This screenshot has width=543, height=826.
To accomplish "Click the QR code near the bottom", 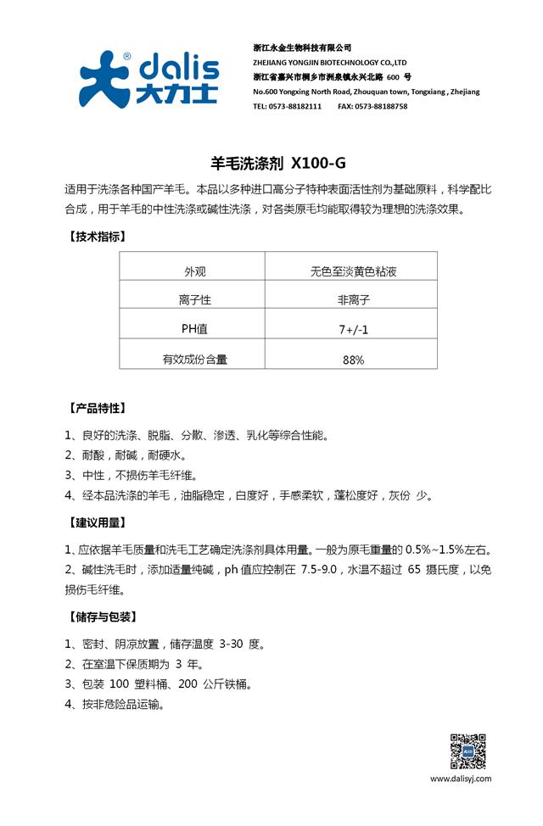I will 467,749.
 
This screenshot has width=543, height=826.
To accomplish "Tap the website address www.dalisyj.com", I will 461,779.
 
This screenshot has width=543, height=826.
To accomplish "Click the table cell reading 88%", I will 353,360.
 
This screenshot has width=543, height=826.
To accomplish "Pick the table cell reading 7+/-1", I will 353,329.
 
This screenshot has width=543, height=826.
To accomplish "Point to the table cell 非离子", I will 353,299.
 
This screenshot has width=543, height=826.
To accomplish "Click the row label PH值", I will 194,329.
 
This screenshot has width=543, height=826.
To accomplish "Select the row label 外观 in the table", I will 194,271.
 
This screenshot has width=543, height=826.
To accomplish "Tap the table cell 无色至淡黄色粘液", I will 353,271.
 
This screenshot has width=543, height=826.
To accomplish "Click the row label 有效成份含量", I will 194,360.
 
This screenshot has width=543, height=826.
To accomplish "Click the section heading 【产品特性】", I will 96,408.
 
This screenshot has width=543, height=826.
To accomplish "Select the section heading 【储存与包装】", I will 102,616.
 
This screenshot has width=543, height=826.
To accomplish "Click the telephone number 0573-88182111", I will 294,106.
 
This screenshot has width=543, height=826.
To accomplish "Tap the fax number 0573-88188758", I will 379,106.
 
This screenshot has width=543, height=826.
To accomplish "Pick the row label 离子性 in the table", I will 194,299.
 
